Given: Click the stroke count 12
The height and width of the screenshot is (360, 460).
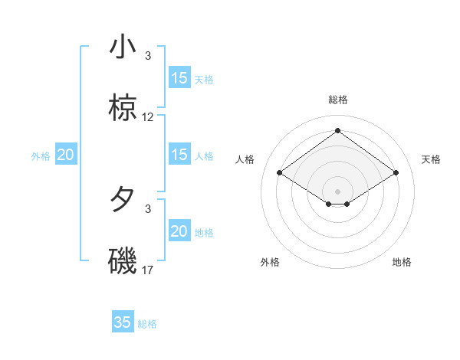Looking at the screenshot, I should click(148, 117).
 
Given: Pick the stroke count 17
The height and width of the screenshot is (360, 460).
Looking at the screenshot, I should click(148, 270).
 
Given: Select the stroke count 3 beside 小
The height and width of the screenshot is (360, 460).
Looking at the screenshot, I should click(148, 55).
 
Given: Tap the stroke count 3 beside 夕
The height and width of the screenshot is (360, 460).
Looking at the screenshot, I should click(148, 208).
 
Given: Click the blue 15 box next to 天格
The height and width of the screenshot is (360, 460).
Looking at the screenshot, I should click(179, 78).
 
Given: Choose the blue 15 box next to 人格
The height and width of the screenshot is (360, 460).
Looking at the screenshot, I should click(179, 155).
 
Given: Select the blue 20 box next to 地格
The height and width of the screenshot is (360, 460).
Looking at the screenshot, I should click(179, 231).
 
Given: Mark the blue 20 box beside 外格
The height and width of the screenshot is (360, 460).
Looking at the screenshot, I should click(65, 155).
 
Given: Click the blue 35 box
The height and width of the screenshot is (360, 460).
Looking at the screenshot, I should click(123, 322).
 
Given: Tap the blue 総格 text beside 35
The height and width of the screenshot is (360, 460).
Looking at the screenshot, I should click(147, 324).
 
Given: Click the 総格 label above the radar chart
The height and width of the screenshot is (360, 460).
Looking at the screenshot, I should click(338, 100).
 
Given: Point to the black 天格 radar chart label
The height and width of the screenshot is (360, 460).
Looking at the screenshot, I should click(432, 159).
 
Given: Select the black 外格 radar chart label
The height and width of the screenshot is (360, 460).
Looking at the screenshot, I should click(270, 262).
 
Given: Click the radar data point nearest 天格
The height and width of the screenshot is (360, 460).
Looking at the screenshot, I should click(396, 173).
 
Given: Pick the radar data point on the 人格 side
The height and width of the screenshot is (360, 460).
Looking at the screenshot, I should click(280, 173).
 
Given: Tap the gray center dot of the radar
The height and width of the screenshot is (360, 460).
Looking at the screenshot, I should click(338, 191).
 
